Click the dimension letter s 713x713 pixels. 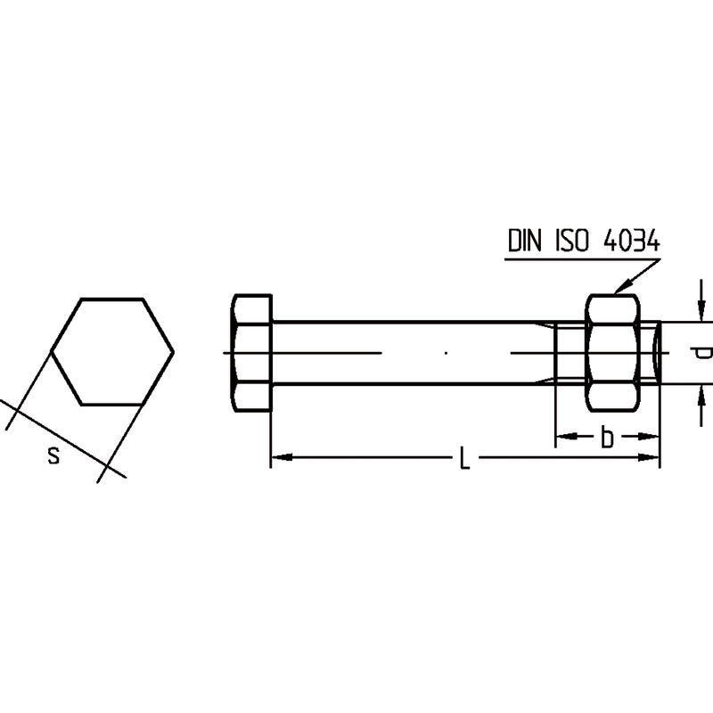tap(53, 455)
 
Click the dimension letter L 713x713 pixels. tap(463, 457)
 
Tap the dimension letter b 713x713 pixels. tap(607, 437)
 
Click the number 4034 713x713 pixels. tap(631, 241)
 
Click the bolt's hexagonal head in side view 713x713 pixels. tap(252, 353)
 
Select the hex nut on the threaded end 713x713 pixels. tap(612, 353)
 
